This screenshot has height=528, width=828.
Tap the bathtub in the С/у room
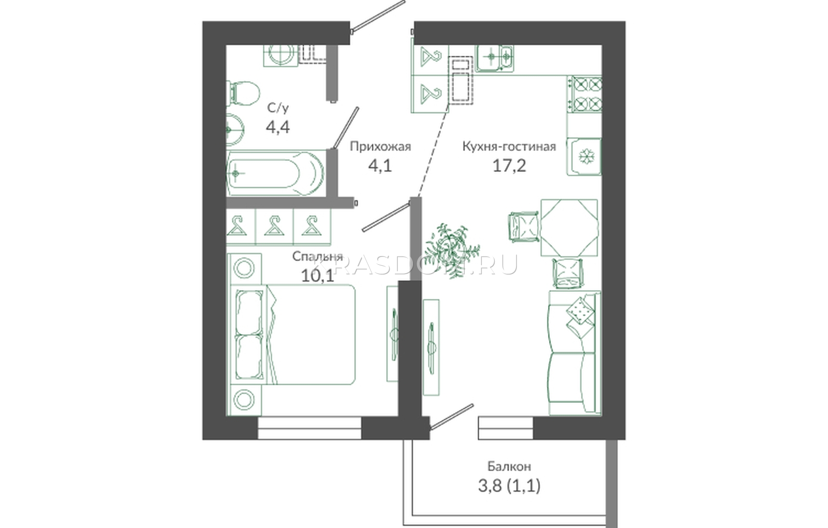(x=275, y=173)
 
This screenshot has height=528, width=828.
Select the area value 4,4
(x=277, y=127)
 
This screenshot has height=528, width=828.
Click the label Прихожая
(x=380, y=146)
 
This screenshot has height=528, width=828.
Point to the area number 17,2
(x=509, y=166)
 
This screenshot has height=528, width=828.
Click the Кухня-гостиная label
(x=509, y=146)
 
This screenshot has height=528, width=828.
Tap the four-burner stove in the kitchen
(x=584, y=94)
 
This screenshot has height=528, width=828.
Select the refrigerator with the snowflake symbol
(x=584, y=156)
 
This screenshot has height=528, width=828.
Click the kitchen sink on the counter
(x=495, y=58)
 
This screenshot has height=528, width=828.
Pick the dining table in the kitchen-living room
(x=569, y=228)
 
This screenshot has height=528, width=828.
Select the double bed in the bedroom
(x=292, y=335)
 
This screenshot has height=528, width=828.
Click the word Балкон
(x=509, y=466)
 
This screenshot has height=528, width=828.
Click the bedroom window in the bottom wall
(x=309, y=428)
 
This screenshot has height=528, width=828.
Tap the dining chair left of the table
(x=524, y=227)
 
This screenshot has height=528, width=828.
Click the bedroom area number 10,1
(x=318, y=276)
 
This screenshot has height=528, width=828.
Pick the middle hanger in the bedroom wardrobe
(x=274, y=226)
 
